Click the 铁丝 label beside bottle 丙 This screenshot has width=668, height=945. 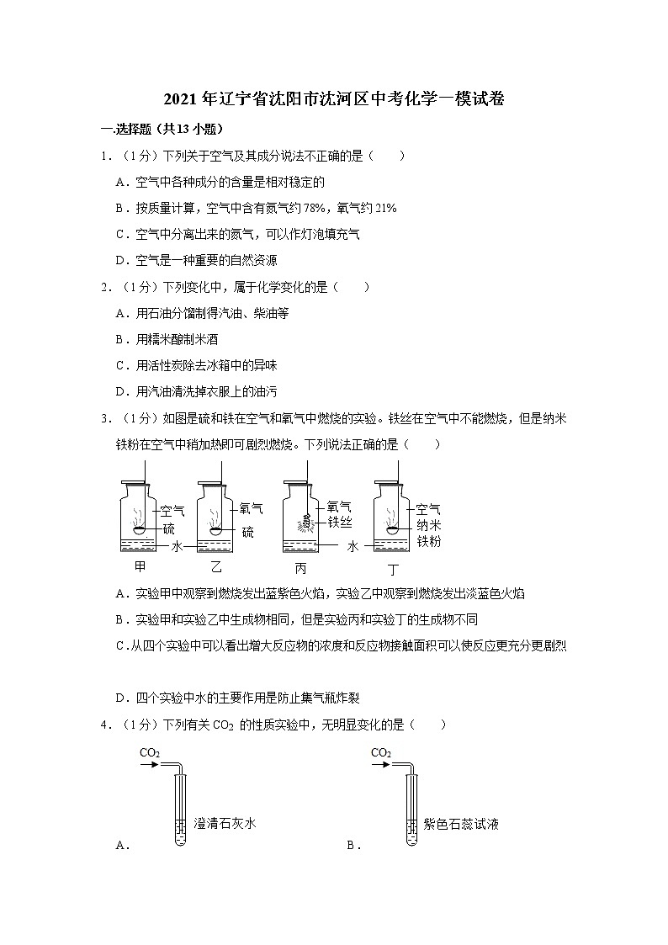[x=341, y=522]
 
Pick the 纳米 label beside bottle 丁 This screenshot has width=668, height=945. [x=428, y=525]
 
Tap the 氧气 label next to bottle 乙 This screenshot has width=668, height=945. [x=252, y=508]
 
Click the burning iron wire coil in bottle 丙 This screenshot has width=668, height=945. [x=307, y=522]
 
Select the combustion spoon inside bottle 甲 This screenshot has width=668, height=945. [x=140, y=528]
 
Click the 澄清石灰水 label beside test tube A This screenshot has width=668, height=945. [x=225, y=824]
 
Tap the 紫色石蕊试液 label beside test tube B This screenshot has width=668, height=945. [x=462, y=824]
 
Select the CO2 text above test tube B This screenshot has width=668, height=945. [x=380, y=751]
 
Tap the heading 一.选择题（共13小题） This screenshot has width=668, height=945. [x=161, y=129]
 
